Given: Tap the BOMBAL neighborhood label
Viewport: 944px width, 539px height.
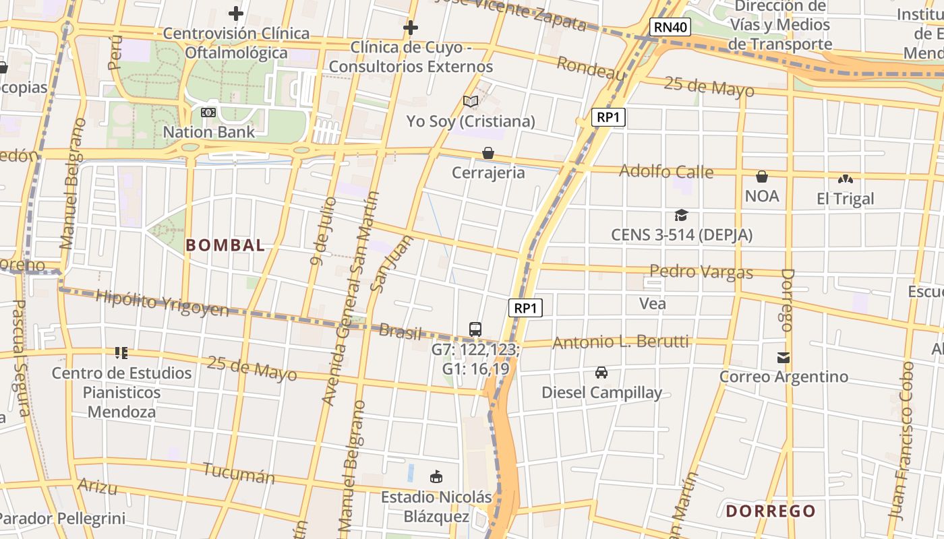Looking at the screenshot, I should click(x=225, y=245).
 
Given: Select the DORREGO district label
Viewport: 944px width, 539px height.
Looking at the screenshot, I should click(x=771, y=511).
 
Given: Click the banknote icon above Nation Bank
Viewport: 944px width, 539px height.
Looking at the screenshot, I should click(x=208, y=113).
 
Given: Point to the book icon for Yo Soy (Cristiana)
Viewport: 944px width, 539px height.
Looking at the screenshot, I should click(x=471, y=102).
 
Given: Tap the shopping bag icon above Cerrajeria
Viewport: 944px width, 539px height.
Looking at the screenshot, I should click(x=488, y=154).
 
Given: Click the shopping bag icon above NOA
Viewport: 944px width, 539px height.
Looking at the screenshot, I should click(x=762, y=177).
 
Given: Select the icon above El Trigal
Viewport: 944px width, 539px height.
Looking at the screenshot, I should click(x=845, y=179).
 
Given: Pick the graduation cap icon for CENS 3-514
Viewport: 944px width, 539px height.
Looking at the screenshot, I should click(x=682, y=216).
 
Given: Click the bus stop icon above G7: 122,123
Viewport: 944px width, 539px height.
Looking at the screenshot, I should click(x=475, y=329).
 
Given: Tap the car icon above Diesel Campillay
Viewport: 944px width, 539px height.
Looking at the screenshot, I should click(x=601, y=373).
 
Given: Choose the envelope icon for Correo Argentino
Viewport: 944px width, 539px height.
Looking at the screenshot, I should click(x=783, y=358).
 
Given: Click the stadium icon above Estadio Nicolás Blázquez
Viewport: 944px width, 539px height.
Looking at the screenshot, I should click(x=436, y=477).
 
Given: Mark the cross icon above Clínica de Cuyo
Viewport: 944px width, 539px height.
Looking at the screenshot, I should click(x=410, y=28).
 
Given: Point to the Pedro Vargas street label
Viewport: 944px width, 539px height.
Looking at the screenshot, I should click(x=701, y=272).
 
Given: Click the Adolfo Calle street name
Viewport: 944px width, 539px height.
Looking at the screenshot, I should click(x=666, y=171).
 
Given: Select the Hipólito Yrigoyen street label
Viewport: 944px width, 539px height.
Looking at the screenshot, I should click(x=162, y=303).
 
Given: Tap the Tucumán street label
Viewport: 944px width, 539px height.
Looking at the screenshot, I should click(x=239, y=474).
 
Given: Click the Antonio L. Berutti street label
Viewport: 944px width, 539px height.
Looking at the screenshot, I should click(x=620, y=342).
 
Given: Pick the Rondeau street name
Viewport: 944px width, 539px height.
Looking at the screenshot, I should click(x=591, y=69).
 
